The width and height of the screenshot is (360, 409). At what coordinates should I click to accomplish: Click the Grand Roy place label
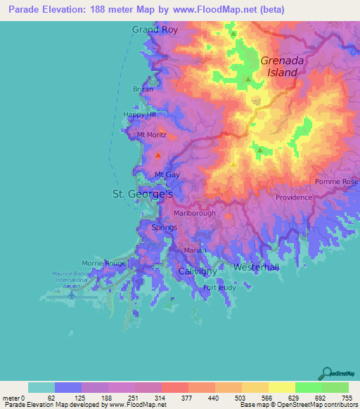[x=156, y=30]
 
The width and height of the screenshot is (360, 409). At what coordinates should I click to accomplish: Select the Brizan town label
[x=143, y=89]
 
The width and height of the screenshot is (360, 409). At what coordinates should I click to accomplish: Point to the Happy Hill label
[x=139, y=115]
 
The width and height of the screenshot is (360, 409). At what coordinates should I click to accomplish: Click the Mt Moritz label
[x=151, y=134]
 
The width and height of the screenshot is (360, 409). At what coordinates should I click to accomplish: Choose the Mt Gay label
[x=166, y=174]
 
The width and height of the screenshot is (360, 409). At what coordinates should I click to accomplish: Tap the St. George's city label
[x=143, y=193]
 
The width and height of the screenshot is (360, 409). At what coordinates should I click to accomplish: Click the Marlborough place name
[x=195, y=213]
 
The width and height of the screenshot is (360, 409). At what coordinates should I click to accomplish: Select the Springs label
[x=165, y=227]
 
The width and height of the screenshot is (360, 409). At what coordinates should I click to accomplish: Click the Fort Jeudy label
[x=219, y=288]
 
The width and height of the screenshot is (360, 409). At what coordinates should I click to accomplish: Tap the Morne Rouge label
[x=103, y=263]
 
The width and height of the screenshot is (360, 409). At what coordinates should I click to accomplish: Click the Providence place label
[x=293, y=197]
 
